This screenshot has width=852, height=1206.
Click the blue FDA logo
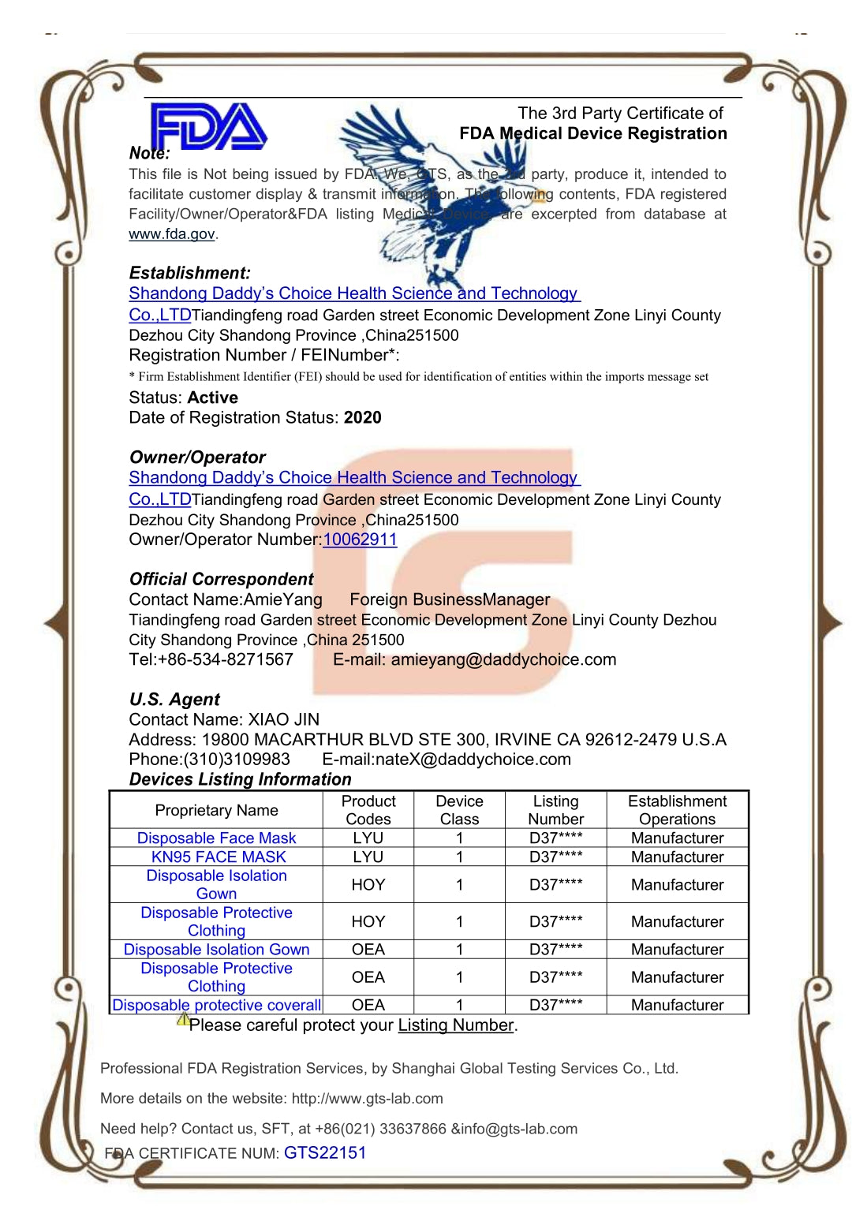208,126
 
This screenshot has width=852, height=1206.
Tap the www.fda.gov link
172,234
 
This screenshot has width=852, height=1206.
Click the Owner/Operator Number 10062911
360,540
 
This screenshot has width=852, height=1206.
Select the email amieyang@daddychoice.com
503,660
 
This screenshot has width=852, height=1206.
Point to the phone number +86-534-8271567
226,660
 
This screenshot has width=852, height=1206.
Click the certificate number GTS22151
325,1153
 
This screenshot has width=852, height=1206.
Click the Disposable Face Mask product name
216,838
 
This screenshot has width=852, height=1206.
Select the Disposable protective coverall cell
216,1006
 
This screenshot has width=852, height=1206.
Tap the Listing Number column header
555,810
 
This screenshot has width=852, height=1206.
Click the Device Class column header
459,810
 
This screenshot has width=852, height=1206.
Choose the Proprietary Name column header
216,811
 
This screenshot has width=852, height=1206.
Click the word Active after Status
213,398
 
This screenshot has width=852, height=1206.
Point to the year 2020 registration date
363,418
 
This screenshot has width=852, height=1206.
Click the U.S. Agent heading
174,700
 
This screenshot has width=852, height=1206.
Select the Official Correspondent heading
221,580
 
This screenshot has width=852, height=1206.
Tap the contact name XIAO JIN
284,720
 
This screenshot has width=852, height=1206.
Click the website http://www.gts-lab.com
367,1099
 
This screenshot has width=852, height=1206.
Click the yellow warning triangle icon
182,1019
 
